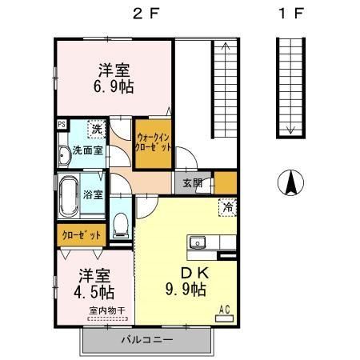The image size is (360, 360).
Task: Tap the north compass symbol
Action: pyautogui.click(x=291, y=185)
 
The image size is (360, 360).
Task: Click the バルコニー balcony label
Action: pyautogui.click(x=148, y=339)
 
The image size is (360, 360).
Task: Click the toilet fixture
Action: pyautogui.click(x=121, y=223)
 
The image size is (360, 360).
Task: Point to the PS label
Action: pyautogui.click(x=61, y=124)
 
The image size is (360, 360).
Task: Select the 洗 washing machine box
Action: pyautogui.click(x=96, y=128)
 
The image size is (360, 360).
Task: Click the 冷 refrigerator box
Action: pyautogui.click(x=227, y=206)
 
